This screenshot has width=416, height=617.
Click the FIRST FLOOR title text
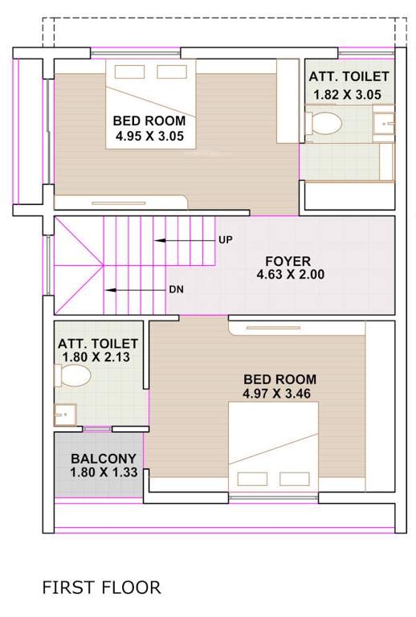(101, 587)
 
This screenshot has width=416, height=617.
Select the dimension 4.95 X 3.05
(150, 137)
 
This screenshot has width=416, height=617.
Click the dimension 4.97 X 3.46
(275, 393)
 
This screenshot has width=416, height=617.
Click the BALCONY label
(101, 458)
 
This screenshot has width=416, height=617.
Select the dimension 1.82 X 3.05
(349, 94)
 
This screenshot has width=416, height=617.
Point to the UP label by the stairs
(225, 240)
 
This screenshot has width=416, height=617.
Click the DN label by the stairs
(176, 290)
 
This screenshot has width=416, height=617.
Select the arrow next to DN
(133, 290)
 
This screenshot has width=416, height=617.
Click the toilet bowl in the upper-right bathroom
(325, 124)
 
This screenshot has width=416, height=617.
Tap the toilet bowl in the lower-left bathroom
(73, 376)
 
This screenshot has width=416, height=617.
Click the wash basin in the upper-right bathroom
(385, 123)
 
